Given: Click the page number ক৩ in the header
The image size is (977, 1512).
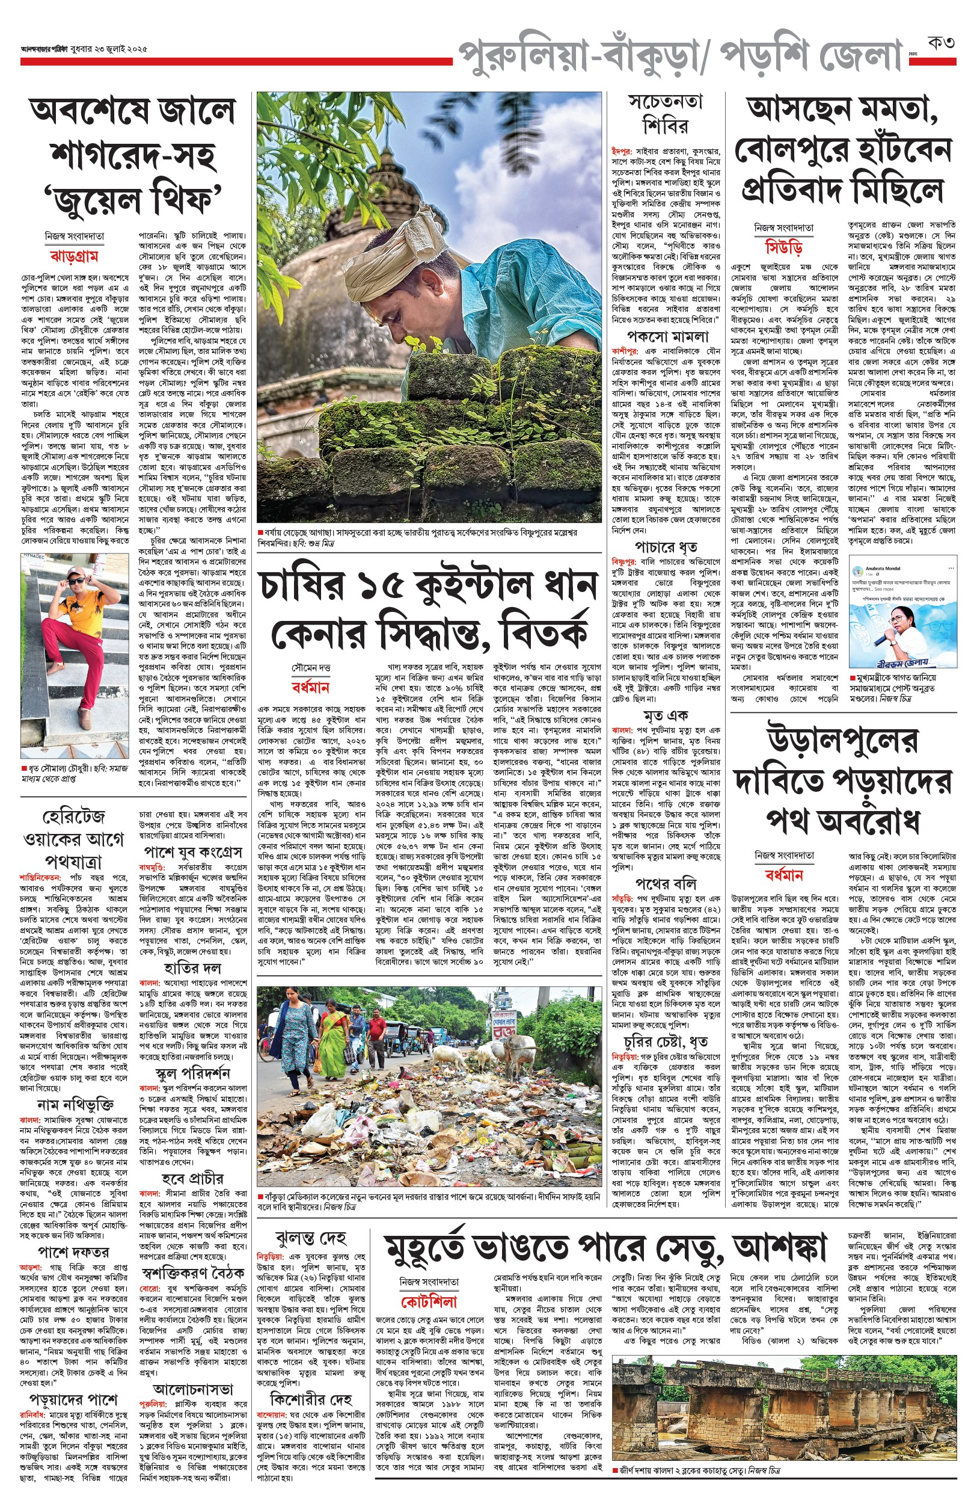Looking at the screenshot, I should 941,44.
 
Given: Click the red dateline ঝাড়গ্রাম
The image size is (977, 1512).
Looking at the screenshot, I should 73,256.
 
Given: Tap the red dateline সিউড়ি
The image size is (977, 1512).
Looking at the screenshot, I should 783,247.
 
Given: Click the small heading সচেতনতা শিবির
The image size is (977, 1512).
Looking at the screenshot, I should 665,114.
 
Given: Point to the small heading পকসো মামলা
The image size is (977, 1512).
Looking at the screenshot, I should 667,336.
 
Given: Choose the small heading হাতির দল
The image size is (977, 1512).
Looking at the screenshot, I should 192,967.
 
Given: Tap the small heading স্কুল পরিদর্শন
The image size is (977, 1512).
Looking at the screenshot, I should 192,1073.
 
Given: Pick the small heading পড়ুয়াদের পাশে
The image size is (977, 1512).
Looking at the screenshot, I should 73,1399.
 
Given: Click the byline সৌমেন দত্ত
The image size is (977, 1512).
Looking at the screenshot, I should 311,668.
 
